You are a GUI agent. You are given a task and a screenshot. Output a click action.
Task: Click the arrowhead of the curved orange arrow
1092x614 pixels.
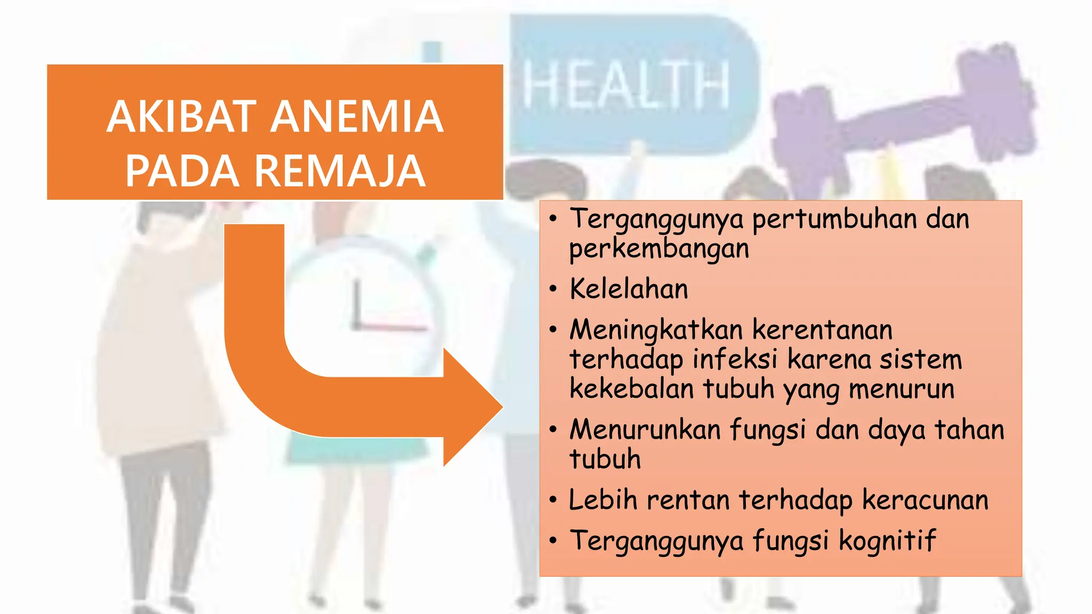pos(472,408)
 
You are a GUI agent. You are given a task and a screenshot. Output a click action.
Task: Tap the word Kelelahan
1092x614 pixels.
pos(629,289)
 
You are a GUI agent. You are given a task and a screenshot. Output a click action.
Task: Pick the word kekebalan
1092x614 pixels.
pos(631,389)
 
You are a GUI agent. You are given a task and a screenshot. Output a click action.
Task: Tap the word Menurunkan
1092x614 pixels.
pos(645,430)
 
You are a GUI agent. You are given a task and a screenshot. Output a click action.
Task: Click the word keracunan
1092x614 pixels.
pos(925,500)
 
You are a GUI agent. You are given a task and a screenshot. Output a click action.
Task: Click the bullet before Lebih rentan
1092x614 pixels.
pos(553,500)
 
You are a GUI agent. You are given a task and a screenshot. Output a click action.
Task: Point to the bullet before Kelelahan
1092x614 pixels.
pos(553,289)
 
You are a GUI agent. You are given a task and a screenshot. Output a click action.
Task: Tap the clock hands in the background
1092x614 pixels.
pos(373,314)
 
